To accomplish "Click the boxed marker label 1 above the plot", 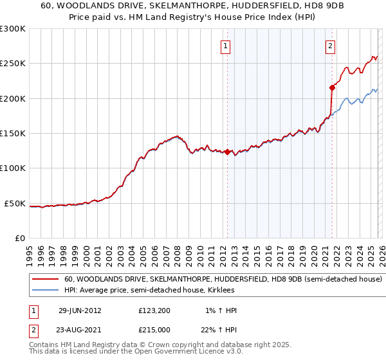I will click(x=226, y=46).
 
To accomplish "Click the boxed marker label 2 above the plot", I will click(x=330, y=46).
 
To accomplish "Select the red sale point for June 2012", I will click(x=227, y=152).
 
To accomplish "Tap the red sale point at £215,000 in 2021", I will click(x=332, y=87).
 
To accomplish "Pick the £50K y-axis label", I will click(x=15, y=203).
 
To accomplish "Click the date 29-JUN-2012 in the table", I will click(x=80, y=310).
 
